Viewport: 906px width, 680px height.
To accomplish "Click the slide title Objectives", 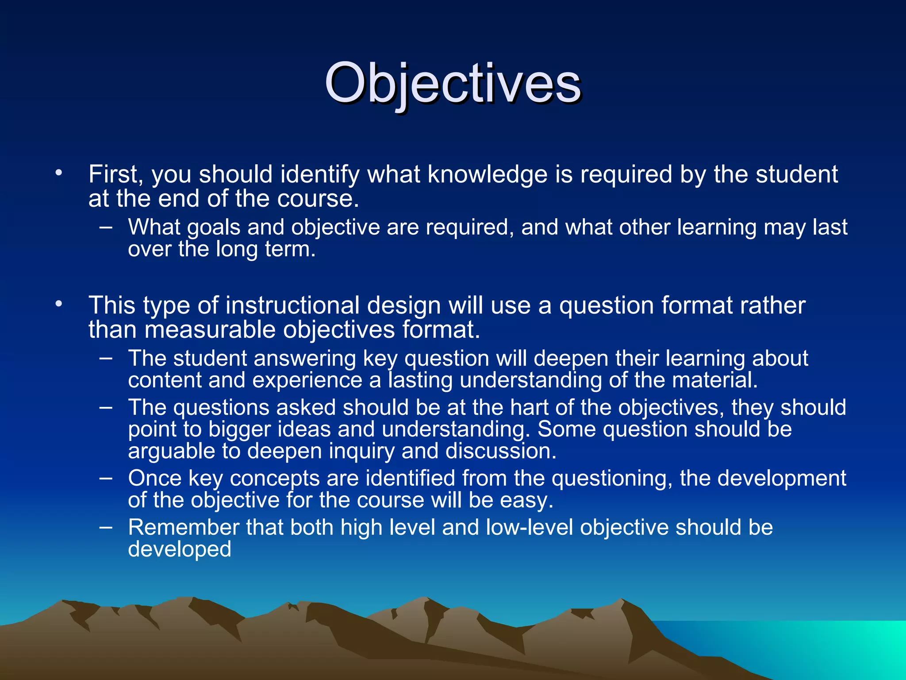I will [x=452, y=83].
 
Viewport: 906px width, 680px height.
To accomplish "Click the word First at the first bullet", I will [x=112, y=174].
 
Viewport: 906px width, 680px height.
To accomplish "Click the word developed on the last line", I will [x=179, y=549].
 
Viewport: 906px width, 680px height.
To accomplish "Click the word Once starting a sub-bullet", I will [x=155, y=479].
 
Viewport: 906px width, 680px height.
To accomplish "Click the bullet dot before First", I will [x=59, y=173].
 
